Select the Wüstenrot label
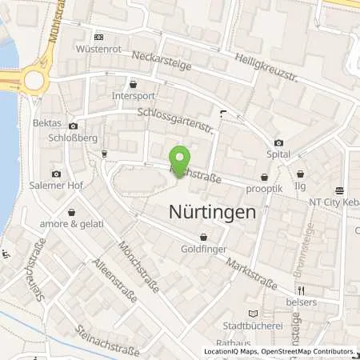pyautogui.click(x=98, y=48)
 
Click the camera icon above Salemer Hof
pyautogui.click(x=56, y=174)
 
